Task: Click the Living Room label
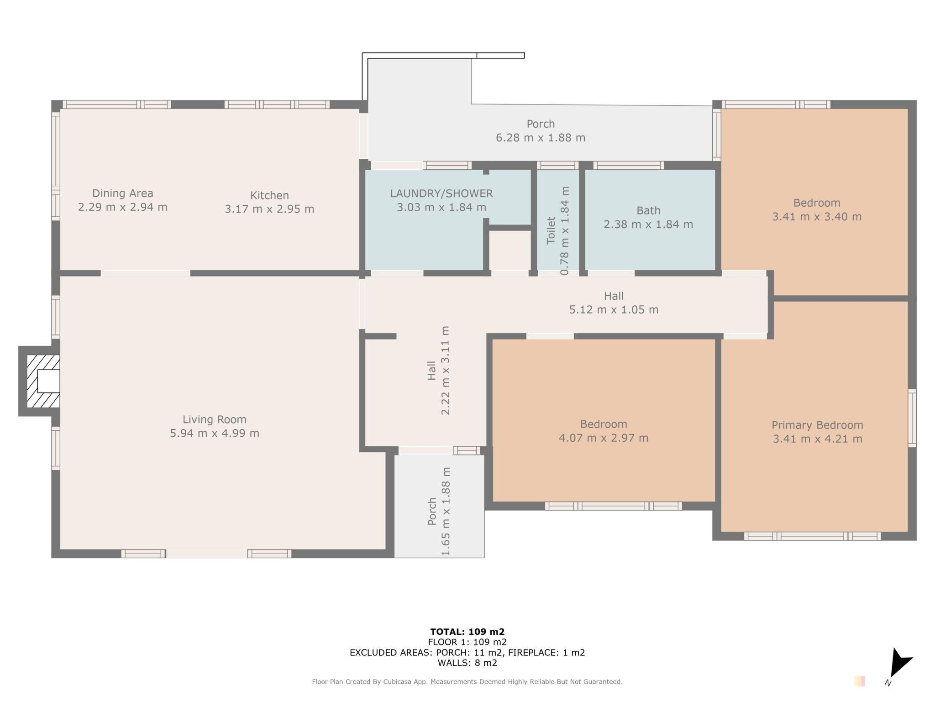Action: tap(215, 419)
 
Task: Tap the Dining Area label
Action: tap(122, 194)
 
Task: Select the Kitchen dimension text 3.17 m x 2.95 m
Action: tap(269, 209)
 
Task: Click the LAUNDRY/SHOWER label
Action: tap(441, 194)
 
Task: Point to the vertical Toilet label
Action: tap(551, 230)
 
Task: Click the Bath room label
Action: tap(648, 211)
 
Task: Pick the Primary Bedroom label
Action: tap(817, 425)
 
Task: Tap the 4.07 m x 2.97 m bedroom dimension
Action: tap(604, 438)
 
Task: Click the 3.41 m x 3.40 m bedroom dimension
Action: tap(817, 217)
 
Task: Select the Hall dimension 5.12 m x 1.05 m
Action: tap(614, 310)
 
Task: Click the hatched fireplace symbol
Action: tap(43, 381)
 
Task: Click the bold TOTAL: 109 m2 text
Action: tap(467, 632)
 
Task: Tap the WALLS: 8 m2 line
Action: tap(467, 663)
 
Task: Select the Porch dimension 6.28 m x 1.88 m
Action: tap(541, 138)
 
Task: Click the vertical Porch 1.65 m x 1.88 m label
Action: tap(439, 512)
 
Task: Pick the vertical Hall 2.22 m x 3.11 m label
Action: tap(438, 370)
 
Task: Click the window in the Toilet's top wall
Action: tap(557, 165)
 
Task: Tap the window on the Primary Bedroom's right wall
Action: tap(912, 418)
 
